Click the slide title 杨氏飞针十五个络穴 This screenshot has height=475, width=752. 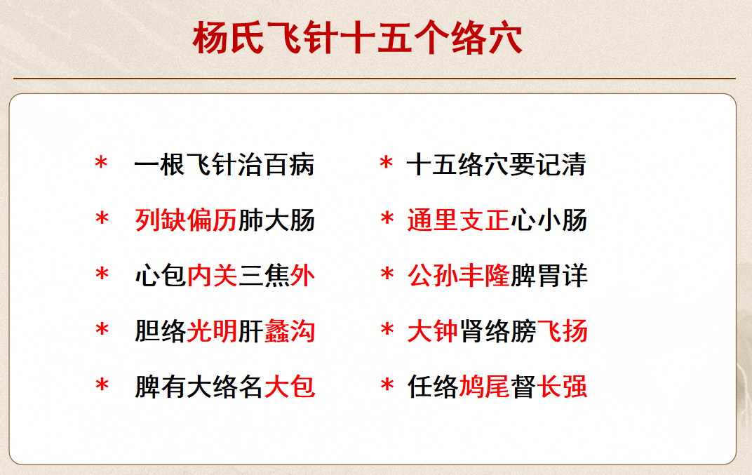(x=358, y=39)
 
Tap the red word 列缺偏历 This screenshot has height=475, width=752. (x=186, y=220)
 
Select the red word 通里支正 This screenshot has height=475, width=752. (x=458, y=220)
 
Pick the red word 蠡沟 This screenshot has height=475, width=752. (x=290, y=331)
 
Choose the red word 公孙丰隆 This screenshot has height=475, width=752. (x=458, y=276)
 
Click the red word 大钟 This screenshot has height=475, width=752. (x=433, y=331)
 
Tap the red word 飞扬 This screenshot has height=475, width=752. (x=562, y=331)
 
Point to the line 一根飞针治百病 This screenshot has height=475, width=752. (x=224, y=166)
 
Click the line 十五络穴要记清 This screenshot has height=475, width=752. (x=496, y=166)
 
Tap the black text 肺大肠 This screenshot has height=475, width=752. (x=276, y=220)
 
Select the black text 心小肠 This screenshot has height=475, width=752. (x=549, y=220)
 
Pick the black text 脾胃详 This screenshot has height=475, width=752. (x=549, y=276)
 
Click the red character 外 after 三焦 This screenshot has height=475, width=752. (x=302, y=276)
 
